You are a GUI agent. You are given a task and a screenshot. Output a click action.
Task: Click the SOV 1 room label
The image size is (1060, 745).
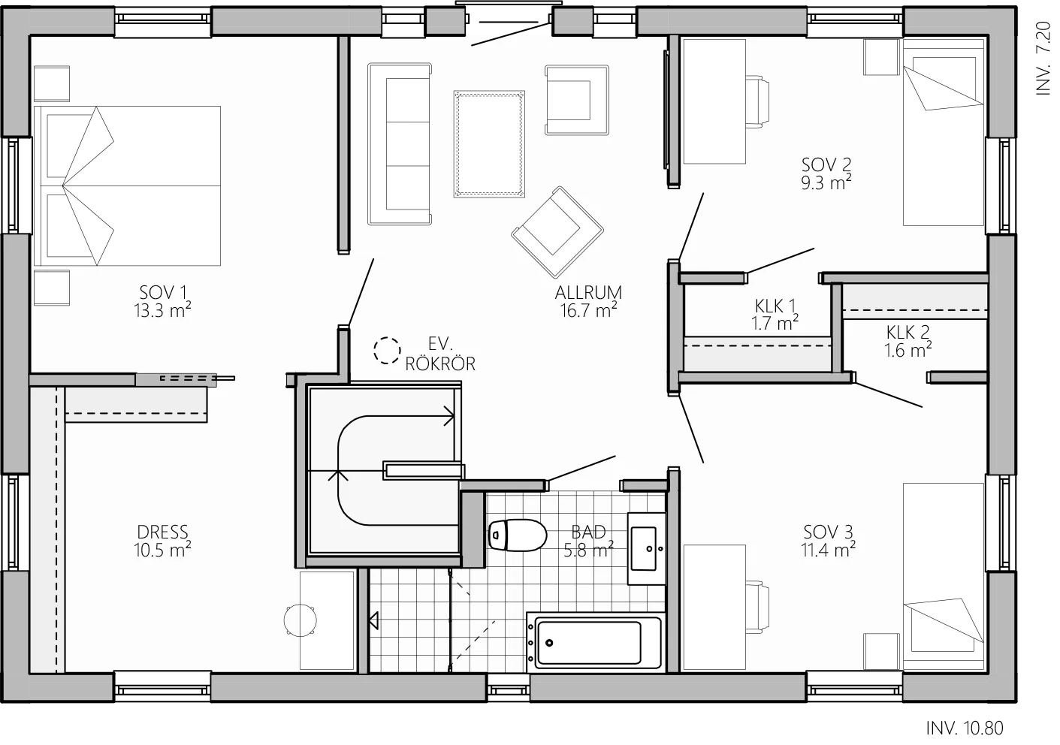163,292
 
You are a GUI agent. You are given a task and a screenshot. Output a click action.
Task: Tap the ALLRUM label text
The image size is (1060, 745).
588,293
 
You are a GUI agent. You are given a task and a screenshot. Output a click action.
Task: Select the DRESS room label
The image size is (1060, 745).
162,532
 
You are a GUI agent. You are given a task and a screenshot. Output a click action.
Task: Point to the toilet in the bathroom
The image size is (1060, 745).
517,535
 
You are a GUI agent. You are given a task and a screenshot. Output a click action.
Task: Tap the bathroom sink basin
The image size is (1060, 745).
645,549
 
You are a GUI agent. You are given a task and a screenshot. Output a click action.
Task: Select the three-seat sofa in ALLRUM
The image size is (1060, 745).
400,143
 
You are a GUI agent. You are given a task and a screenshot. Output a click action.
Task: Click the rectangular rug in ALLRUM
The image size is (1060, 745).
489,143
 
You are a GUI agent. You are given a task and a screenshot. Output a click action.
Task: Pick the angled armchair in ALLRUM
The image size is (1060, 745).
557,232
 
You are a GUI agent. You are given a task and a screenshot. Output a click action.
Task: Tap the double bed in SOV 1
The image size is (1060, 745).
127,185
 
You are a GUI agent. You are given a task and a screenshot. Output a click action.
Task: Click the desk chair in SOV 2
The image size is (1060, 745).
757,101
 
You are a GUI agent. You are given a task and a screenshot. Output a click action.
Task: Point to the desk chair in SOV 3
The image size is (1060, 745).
757,607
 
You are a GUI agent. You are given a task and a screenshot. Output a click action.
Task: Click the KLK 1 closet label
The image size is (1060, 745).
775,306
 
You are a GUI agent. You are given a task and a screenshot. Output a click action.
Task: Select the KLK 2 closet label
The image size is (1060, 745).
907,333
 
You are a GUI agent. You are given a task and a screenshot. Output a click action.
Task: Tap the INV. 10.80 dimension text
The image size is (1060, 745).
965,728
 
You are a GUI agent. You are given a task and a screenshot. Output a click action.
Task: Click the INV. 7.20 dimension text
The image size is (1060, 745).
1043,58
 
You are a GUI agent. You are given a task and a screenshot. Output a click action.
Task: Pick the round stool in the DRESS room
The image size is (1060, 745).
300,620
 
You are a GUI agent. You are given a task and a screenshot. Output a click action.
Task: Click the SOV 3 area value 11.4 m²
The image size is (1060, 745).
828,550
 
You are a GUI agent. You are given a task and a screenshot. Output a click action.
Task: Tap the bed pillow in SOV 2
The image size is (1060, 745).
944,83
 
